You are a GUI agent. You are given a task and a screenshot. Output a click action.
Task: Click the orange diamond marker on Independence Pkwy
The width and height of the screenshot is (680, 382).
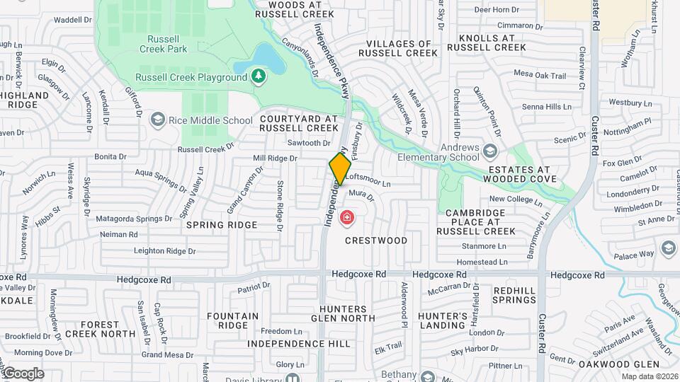tap(340, 169)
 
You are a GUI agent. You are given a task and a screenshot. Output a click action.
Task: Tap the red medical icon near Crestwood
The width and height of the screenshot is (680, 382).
tap(347, 218)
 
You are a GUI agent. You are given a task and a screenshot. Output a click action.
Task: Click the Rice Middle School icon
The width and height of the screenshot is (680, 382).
tap(157, 120)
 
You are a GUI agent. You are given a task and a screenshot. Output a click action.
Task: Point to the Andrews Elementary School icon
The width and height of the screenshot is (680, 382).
tap(490, 151)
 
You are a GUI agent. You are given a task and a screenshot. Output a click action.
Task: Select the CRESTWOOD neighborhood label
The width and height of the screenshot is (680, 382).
tap(376, 241)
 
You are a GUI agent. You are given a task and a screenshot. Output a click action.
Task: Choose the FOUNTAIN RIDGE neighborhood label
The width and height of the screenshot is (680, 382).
tap(233, 320)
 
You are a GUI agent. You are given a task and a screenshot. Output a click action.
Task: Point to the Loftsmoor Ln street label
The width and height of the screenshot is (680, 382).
tap(368, 183)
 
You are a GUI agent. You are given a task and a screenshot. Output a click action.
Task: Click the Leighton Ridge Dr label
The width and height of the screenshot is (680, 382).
tap(164, 251)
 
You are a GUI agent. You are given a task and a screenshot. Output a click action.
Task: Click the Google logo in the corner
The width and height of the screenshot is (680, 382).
tap(23, 373)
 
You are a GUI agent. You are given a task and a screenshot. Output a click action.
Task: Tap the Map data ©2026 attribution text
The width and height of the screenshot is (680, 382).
tap(650, 377)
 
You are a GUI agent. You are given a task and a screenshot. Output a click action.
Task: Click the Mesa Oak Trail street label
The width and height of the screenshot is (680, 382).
tap(540, 75)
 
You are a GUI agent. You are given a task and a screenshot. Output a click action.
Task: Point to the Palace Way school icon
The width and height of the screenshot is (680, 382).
tap(668, 248)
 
